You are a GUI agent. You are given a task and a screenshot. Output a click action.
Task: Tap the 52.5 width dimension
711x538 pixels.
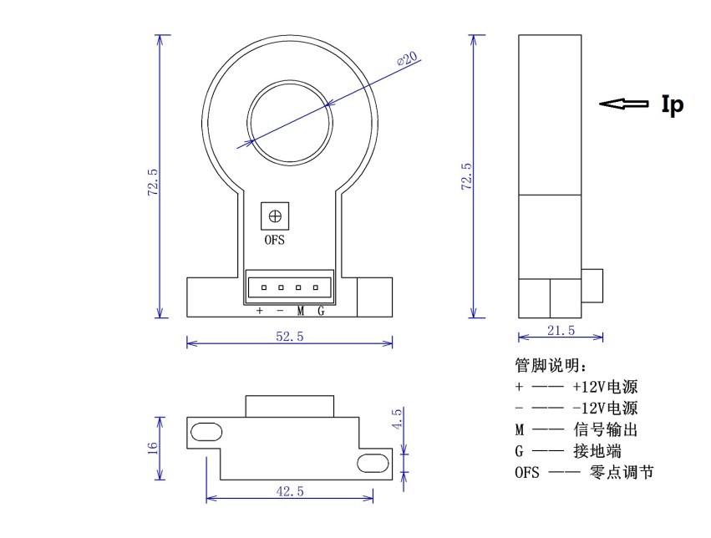point(289,335)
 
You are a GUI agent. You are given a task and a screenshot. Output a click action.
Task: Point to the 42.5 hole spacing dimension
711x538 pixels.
point(289,492)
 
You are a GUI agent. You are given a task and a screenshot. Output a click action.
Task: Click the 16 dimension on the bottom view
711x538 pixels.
point(152,448)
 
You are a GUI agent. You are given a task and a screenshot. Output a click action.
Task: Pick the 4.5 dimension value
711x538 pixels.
point(397,418)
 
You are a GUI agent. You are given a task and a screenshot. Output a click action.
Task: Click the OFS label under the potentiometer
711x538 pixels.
point(275,240)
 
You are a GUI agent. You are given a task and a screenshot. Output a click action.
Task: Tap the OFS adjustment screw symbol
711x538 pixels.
point(275,216)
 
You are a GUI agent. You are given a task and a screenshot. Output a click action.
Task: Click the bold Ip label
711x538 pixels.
point(672,104)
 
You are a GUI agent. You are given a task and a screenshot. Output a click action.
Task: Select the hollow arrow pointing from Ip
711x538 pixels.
point(624,104)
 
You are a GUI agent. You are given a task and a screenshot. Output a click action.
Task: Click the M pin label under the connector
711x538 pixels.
point(300,312)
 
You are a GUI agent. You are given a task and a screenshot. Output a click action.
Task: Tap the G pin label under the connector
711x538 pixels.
point(320,312)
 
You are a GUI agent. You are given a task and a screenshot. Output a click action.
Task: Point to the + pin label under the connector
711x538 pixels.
point(260,312)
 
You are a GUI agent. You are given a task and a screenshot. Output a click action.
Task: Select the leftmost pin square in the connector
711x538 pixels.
point(263,288)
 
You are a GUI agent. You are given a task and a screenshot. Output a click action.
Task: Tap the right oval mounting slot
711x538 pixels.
point(373,462)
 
